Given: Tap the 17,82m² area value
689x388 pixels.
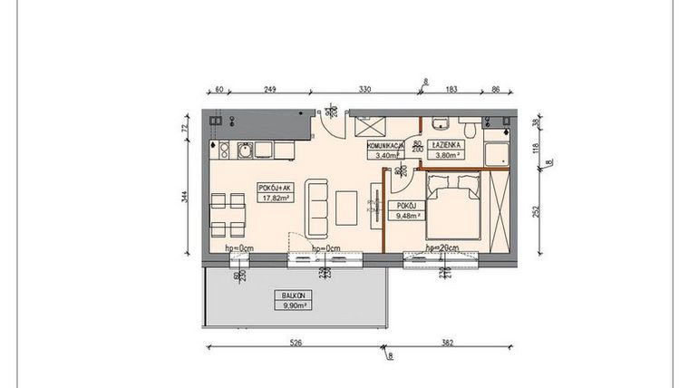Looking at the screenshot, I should (x=275, y=197).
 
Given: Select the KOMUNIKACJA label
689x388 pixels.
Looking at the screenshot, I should (x=385, y=145).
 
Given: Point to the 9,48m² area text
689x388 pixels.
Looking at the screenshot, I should (x=405, y=216).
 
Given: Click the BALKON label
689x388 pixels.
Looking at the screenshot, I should (x=293, y=296).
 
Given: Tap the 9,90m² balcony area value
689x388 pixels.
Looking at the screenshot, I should (x=293, y=305).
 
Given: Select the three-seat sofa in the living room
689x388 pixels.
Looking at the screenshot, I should (x=316, y=208).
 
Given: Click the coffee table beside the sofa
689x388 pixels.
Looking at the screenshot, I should (x=347, y=208).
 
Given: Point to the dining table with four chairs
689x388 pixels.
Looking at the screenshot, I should (x=224, y=214).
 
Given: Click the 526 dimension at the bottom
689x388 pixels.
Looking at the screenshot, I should (x=295, y=344).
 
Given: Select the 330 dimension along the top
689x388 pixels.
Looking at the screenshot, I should (x=364, y=89).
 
